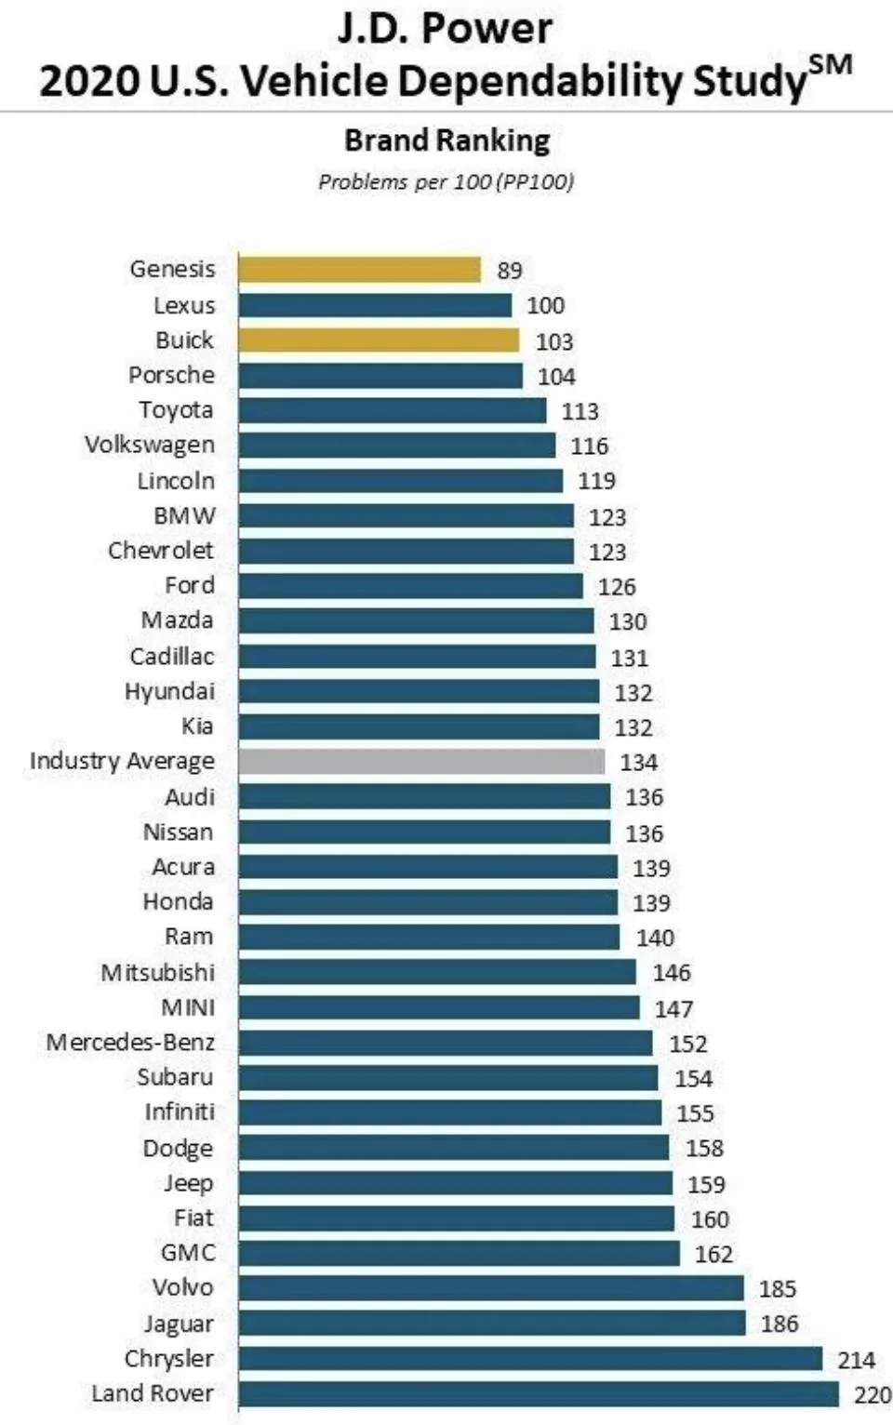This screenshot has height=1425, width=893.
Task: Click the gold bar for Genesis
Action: click(359, 269)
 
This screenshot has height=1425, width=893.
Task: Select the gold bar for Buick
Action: click(379, 340)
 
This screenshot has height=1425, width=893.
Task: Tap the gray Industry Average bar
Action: click(421, 762)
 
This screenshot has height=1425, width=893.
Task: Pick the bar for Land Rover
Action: click(539, 1394)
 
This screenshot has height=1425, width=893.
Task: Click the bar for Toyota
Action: click(393, 410)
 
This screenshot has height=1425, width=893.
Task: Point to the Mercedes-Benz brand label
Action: click(130, 1042)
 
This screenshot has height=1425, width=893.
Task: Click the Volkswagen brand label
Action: click(150, 446)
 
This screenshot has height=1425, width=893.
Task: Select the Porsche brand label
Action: click(172, 375)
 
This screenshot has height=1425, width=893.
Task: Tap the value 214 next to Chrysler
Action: click(856, 1360)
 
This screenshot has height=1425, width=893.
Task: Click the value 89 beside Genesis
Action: click(510, 271)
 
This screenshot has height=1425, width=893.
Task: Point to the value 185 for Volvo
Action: click(778, 1289)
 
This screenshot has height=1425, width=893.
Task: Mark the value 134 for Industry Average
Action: click(638, 762)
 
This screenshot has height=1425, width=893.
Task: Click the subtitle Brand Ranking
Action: click(447, 140)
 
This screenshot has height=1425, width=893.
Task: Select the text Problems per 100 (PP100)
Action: click(446, 182)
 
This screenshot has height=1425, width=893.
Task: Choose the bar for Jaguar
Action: click(492, 1324)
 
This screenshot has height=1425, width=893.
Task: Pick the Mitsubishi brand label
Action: click(158, 972)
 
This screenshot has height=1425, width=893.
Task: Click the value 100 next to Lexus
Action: click(545, 305)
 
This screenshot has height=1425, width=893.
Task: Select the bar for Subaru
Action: click(448, 1078)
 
